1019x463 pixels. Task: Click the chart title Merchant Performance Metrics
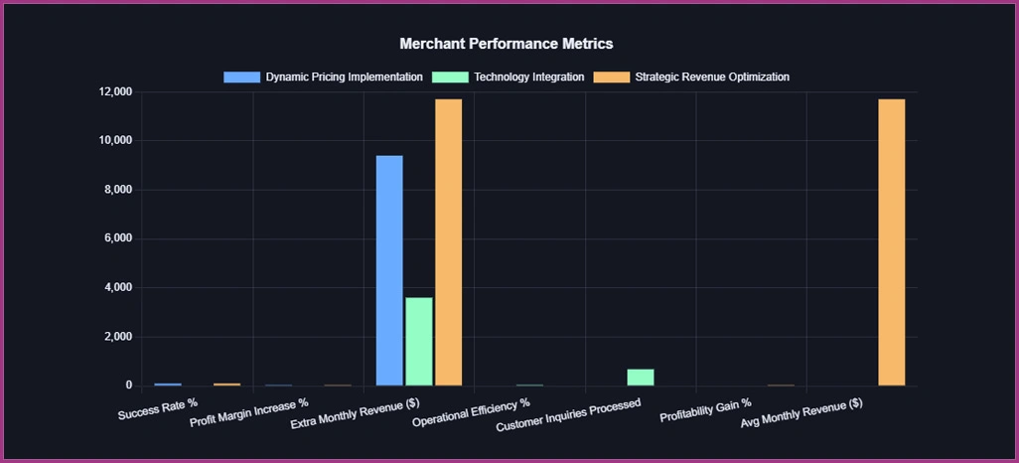point(506,44)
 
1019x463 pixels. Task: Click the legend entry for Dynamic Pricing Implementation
point(344,77)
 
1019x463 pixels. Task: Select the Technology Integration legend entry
point(528,77)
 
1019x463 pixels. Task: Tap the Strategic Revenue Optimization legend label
point(711,77)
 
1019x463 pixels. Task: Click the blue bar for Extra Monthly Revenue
point(389,270)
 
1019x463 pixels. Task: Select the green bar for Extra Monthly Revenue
point(419,341)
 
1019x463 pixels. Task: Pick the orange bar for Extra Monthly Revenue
point(449,242)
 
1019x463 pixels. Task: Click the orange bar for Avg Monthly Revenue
point(891,242)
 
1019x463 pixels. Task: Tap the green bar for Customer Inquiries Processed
point(641,378)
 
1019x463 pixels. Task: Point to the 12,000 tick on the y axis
point(114,92)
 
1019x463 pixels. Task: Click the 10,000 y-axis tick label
point(114,141)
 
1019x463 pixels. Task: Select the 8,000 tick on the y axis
point(117,190)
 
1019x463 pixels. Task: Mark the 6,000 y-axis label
point(117,239)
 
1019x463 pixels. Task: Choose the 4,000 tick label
point(117,288)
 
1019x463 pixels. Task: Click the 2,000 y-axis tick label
point(117,337)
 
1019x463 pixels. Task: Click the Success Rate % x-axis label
point(158,410)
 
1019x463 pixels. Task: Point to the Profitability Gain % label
point(706,410)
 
